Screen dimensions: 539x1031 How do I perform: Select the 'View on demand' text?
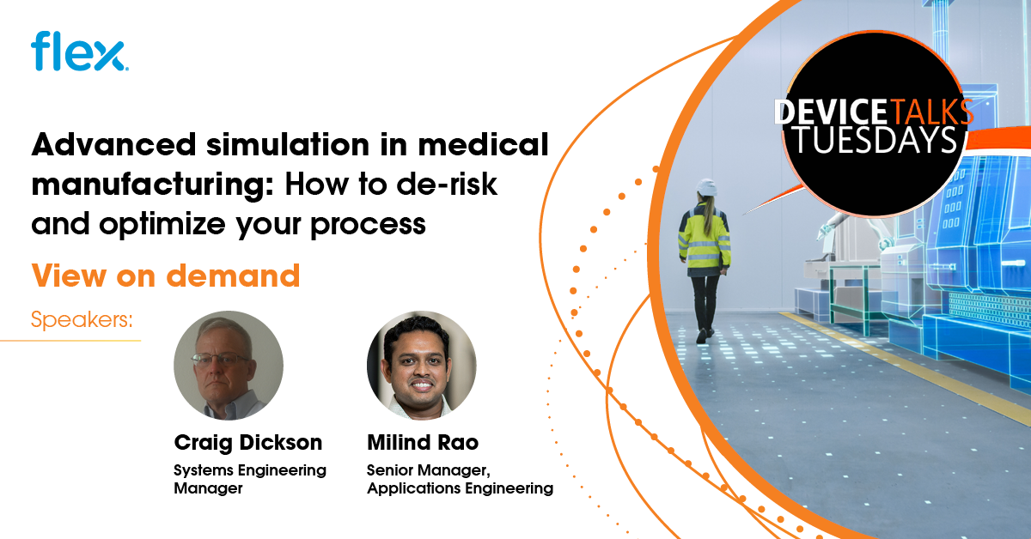[166, 276]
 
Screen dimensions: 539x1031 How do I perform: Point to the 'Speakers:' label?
[82, 321]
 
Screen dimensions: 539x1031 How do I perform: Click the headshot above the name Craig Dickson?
[229, 365]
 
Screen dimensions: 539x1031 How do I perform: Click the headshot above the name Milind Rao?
[421, 365]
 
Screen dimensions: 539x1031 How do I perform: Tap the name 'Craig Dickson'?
[248, 443]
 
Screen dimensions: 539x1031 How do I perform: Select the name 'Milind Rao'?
[424, 443]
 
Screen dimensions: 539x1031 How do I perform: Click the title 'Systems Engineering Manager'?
[250, 479]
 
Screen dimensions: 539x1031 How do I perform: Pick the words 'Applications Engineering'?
[460, 488]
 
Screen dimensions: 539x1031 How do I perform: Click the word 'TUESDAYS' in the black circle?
[874, 140]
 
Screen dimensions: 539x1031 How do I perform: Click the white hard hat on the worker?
[706, 188]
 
